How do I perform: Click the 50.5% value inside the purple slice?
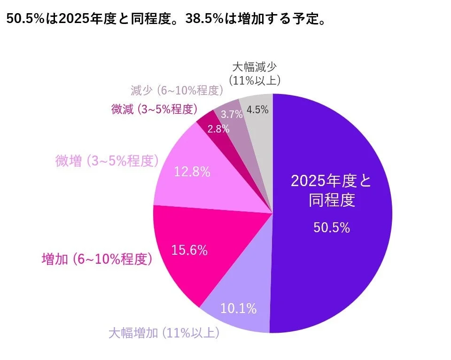[331, 228]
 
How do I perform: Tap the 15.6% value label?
[190, 250]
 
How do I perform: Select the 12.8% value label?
[192, 172]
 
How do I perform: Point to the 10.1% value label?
[239, 308]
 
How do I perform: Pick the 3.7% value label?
[232, 114]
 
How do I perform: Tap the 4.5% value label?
[257, 110]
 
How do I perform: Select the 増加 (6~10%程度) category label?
[96, 259]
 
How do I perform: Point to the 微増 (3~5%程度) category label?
[107, 161]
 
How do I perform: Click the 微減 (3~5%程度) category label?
[154, 110]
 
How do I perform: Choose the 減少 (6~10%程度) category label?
[177, 90]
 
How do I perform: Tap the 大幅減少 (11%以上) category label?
[255, 73]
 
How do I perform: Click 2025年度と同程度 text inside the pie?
[331, 190]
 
